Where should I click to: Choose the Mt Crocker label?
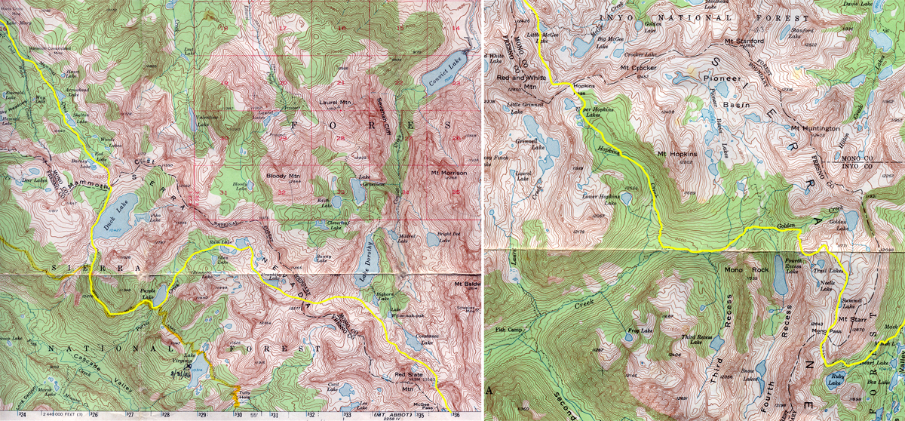tap(640, 68)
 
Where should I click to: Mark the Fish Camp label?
tap(508, 328)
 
